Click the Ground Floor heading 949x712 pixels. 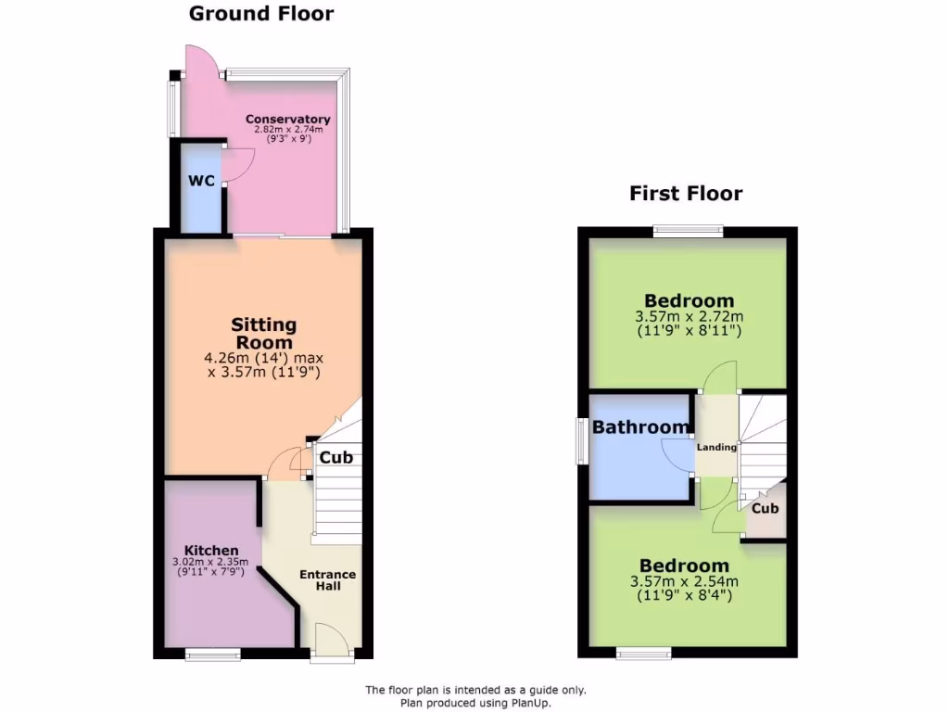(261, 14)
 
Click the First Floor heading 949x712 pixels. (686, 194)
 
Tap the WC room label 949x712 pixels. (202, 181)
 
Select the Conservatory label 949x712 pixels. (287, 120)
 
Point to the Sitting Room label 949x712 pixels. (264, 333)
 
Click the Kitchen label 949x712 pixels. (210, 550)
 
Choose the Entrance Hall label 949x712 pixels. (327, 580)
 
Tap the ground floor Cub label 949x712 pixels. (335, 457)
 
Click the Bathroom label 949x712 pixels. (641, 427)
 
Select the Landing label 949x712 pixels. (716, 447)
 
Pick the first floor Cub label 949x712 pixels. (765, 509)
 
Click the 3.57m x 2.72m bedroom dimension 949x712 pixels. (689, 316)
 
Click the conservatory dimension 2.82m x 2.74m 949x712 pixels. (287, 130)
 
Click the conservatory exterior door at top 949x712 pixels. (201, 61)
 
